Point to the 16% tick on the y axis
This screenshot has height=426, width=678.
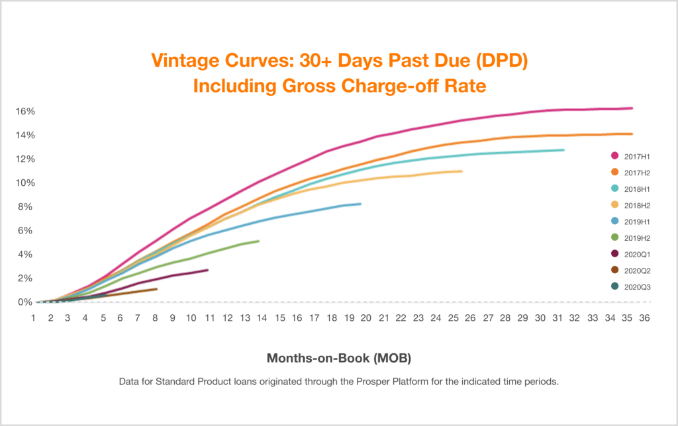(x=25, y=111)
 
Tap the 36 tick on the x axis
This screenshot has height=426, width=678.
(x=644, y=318)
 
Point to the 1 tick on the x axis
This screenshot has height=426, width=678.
(x=34, y=318)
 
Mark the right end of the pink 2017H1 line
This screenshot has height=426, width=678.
(x=632, y=108)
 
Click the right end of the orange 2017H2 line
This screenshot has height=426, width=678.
(x=632, y=134)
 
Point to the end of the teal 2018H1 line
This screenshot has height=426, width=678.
(x=563, y=150)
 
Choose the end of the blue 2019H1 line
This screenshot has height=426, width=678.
(x=360, y=204)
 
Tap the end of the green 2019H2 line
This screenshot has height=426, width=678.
(x=258, y=241)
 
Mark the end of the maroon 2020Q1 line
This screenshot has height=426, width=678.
(x=208, y=270)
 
